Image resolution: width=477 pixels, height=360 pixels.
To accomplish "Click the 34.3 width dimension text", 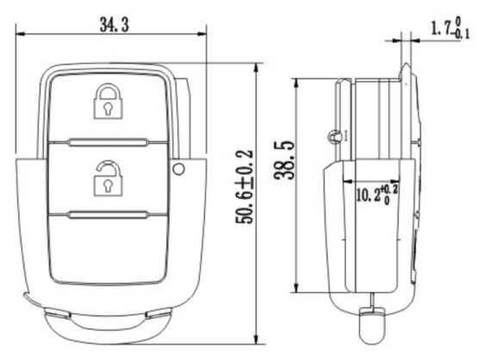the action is pos(115,25).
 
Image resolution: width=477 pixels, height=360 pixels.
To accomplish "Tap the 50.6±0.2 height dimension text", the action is pos(245,187).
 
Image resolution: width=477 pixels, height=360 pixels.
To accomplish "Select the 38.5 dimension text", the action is pos(284,160).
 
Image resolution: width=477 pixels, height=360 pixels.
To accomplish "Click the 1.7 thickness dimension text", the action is pos(442,28).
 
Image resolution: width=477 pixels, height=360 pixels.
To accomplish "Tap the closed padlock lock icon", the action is pos(108,101).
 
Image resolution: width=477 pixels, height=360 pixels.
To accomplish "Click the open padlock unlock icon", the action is pos(108,178).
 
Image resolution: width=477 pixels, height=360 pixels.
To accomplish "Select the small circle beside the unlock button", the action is pos(178,169).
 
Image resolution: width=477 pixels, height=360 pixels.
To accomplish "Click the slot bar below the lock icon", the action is pos(108,142).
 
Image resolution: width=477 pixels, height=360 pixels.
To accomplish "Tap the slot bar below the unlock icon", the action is pos(108,214).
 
